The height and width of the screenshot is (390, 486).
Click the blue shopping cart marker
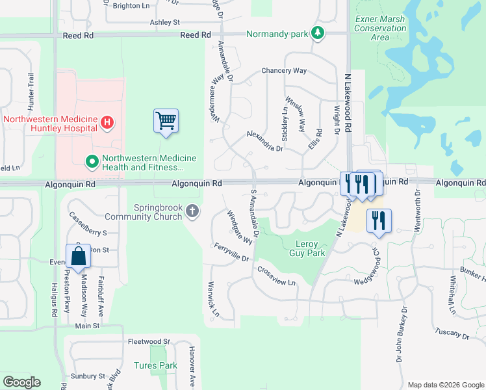tap(166, 121)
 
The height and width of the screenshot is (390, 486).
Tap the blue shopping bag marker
tap(78, 256)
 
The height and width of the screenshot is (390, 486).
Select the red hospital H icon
tap(108, 122)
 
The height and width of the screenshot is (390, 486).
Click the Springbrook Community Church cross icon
tap(192, 211)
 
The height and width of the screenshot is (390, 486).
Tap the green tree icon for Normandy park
tap(317, 33)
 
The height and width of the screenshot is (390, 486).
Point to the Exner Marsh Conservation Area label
tap(381, 28)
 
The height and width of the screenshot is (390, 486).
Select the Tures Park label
tap(155, 366)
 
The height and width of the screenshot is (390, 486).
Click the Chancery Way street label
tap(283, 70)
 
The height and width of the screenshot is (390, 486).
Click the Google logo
tap(21, 382)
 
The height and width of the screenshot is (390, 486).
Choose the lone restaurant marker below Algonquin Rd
tap(377, 220)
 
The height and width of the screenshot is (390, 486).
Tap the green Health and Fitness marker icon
tap(92, 160)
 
